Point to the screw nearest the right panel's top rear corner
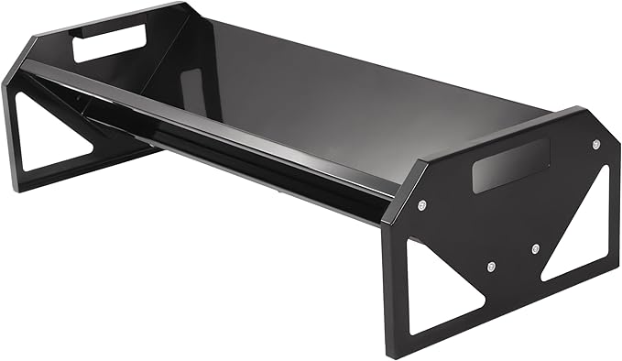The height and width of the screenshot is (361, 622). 597,144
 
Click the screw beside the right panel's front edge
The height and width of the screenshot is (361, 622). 421,204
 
